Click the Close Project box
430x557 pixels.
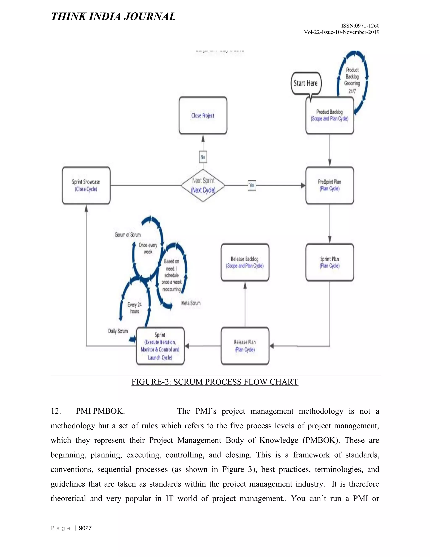pyautogui.click(x=203, y=116)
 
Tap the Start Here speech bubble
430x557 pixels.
pyautogui.click(x=306, y=83)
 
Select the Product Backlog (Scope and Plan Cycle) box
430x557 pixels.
pyautogui.click(x=330, y=116)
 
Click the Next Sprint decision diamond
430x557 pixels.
pyautogui.click(x=203, y=185)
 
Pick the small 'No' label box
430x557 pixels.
pyautogui.click(x=203, y=157)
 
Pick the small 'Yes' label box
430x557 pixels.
pyautogui.click(x=252, y=185)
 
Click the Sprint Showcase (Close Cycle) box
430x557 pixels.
pyautogui.click(x=86, y=185)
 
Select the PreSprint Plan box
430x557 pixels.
pyautogui.click(x=330, y=185)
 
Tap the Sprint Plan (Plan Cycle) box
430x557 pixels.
pyautogui.click(x=330, y=263)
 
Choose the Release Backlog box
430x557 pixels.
pyautogui.click(x=245, y=263)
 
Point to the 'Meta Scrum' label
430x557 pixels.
pyautogui.click(x=191, y=303)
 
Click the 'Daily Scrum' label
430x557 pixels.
pyautogui.click(x=118, y=331)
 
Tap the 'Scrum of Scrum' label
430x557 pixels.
pyautogui.click(x=128, y=235)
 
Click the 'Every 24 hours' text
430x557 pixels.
pyautogui.click(x=135, y=308)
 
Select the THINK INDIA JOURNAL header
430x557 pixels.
pyautogui.click(x=113, y=16)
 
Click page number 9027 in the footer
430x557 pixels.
pyautogui.click(x=85, y=528)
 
